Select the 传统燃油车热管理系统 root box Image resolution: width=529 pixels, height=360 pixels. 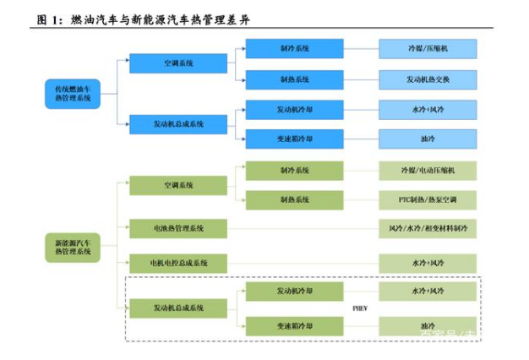pos(72,93)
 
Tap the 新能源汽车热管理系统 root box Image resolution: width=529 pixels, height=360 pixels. pos(72,248)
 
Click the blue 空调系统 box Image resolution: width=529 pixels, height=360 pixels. pos(178,63)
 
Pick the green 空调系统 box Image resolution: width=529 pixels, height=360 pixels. pos(178,185)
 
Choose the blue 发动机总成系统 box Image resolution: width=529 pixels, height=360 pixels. pos(178,124)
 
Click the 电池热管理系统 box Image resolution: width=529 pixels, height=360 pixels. pos(178,228)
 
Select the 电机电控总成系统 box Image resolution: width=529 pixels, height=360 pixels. pos(178,263)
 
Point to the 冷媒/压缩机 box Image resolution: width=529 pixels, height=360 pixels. pos(427,48)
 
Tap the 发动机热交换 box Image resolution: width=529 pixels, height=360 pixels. pos(427,79)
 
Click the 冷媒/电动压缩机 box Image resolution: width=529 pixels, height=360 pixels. pos(427,171)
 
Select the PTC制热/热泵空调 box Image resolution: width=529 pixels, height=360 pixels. pos(427,200)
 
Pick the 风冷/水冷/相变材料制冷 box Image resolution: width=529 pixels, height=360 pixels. pos(427,228)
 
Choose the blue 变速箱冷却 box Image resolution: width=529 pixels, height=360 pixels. pos(295,139)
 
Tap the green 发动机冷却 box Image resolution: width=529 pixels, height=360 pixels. pos(295,292)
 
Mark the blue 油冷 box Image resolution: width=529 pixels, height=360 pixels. pos(427,139)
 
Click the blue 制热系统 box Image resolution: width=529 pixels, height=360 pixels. pos(295,79)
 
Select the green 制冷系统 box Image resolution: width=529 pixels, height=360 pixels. pos(295,171)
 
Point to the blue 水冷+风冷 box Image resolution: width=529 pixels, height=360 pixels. pos(427,109)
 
